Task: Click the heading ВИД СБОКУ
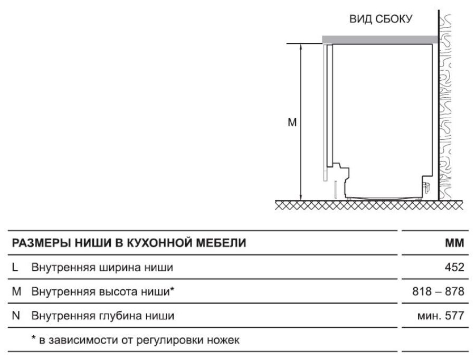coord(381,19)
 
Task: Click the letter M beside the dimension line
coord(292,122)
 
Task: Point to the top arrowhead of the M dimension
coord(301,46)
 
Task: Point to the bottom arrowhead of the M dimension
coord(301,197)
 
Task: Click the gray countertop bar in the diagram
coord(380,40)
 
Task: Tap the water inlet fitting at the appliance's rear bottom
coord(426,187)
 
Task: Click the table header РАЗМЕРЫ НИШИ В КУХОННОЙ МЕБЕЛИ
coord(129,243)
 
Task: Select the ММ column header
coord(454,243)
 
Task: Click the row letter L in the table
coord(15,268)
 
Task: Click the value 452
coord(454,268)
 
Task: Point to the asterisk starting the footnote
coord(34,338)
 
